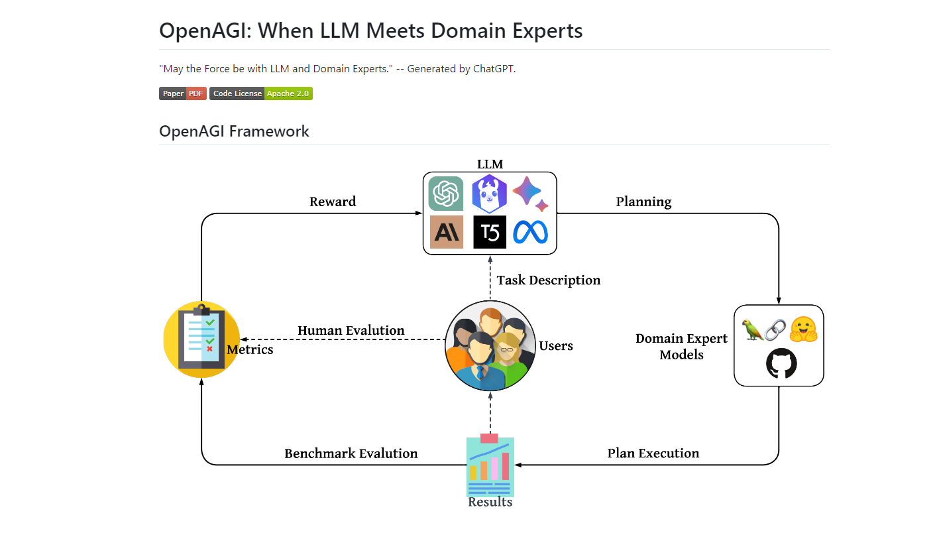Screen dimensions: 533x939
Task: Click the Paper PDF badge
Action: pyautogui.click(x=182, y=93)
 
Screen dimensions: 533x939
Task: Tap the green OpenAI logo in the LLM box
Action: pyautogui.click(x=446, y=194)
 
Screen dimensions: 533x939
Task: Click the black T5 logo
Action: pyautogui.click(x=490, y=232)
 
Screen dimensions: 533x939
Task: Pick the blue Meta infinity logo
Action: pyautogui.click(x=531, y=232)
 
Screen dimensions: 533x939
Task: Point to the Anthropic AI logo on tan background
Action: pyautogui.click(x=446, y=232)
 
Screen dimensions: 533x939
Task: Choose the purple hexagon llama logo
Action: pyautogui.click(x=489, y=194)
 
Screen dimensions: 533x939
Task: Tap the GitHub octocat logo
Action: pyautogui.click(x=781, y=364)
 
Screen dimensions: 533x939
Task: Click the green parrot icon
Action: pyautogui.click(x=753, y=329)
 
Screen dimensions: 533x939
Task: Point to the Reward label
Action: pyautogui.click(x=333, y=202)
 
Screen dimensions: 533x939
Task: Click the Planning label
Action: pyautogui.click(x=643, y=202)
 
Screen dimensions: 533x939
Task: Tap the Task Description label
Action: pyautogui.click(x=549, y=280)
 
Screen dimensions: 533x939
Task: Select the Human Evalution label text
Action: pyautogui.click(x=351, y=330)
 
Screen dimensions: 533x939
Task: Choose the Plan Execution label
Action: pyautogui.click(x=653, y=453)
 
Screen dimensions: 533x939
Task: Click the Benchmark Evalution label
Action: pyautogui.click(x=351, y=453)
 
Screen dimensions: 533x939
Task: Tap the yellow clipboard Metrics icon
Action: pyautogui.click(x=201, y=339)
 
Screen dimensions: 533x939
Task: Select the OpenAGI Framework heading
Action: pyautogui.click(x=234, y=131)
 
